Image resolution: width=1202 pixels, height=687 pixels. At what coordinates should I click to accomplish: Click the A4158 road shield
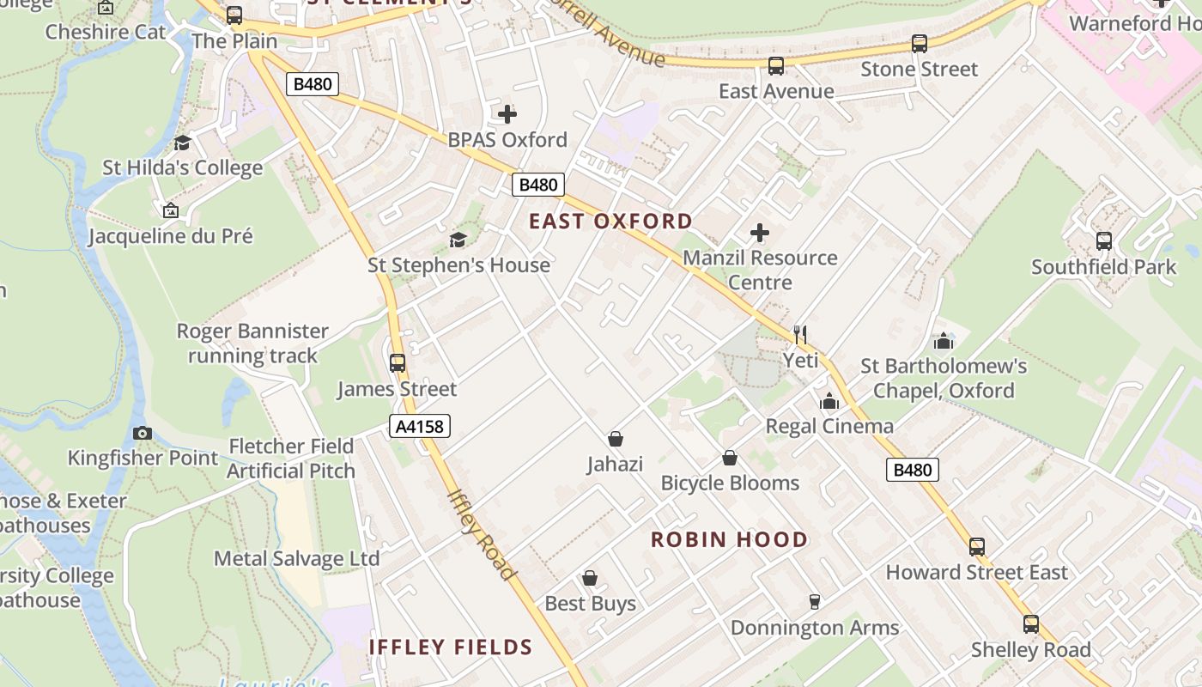pyautogui.click(x=420, y=426)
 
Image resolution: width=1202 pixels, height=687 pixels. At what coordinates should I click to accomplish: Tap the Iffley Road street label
pyautogui.click(x=482, y=534)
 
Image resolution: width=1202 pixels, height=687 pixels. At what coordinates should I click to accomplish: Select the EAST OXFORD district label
pyautogui.click(x=610, y=222)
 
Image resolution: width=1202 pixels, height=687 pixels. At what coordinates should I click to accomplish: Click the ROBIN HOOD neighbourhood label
pyautogui.click(x=729, y=539)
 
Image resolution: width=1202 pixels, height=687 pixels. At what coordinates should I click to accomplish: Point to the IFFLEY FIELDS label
pyautogui.click(x=451, y=647)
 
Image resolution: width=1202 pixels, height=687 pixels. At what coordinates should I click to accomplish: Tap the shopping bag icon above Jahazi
pyautogui.click(x=616, y=440)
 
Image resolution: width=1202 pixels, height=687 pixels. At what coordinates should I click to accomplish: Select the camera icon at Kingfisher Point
pyautogui.click(x=143, y=433)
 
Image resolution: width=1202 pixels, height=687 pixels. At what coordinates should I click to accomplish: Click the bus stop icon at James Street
pyautogui.click(x=398, y=363)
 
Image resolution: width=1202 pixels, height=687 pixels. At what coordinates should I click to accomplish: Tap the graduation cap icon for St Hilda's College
pyautogui.click(x=182, y=143)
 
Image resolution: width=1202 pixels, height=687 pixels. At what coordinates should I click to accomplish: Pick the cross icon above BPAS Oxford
pyautogui.click(x=507, y=113)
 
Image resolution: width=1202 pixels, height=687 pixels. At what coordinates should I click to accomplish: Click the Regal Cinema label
pyautogui.click(x=829, y=426)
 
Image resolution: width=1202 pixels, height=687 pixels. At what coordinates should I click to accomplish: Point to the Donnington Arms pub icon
pyautogui.click(x=815, y=602)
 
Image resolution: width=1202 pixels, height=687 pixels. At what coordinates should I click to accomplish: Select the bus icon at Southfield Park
pyautogui.click(x=1104, y=241)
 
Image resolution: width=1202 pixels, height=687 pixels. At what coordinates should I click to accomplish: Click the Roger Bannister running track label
pyautogui.click(x=252, y=343)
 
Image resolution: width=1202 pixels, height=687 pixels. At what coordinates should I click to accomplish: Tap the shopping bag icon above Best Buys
pyautogui.click(x=590, y=578)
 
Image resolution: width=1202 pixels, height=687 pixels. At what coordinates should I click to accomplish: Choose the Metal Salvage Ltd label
pyautogui.click(x=296, y=558)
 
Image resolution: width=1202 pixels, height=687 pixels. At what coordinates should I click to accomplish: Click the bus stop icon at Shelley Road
pyautogui.click(x=1031, y=624)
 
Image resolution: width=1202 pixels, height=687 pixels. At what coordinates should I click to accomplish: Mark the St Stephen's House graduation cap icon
pyautogui.click(x=458, y=240)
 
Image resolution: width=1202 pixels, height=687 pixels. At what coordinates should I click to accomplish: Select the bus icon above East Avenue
pyautogui.click(x=776, y=65)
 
